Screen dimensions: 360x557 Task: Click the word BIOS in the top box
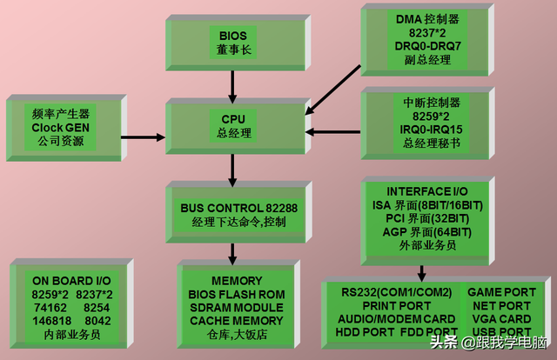click(232, 36)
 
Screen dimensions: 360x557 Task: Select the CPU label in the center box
click(232, 118)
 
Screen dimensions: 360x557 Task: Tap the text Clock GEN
click(60, 127)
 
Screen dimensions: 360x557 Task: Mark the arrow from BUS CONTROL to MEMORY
click(232, 253)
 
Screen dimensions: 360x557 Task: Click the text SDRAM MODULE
click(236, 307)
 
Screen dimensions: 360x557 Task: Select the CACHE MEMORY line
click(236, 320)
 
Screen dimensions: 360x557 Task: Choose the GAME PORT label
click(501, 292)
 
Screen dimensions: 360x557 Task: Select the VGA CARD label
click(501, 318)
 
